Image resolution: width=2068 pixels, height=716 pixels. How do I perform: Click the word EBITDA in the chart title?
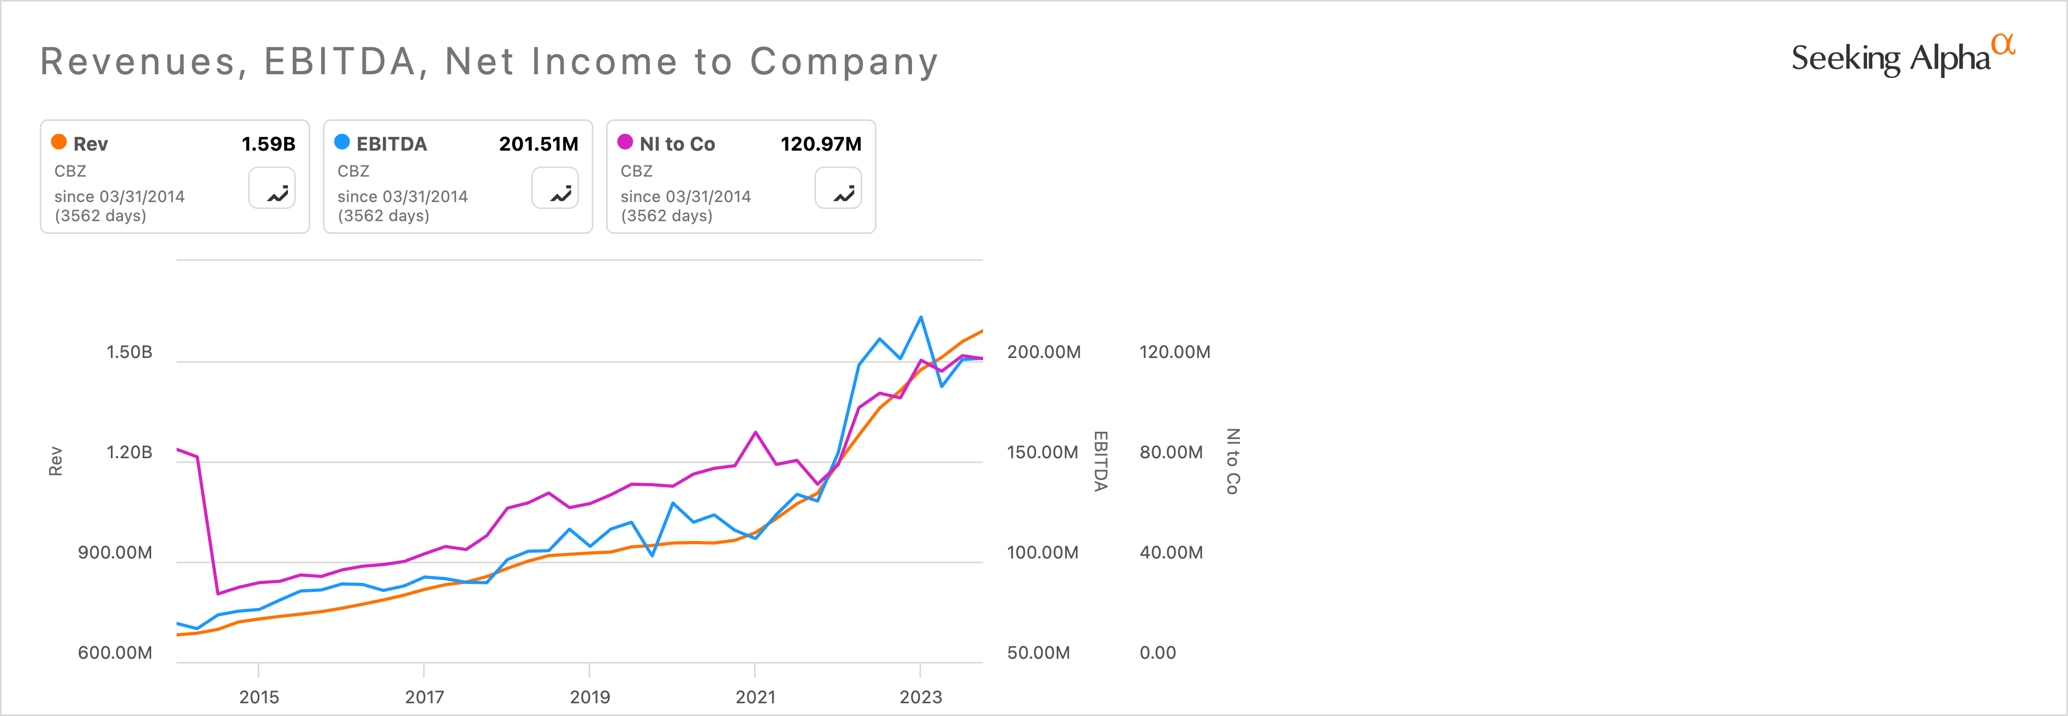coord(340,62)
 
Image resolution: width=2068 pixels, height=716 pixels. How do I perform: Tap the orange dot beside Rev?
coord(59,142)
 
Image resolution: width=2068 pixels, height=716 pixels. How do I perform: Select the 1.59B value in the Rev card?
coord(268,144)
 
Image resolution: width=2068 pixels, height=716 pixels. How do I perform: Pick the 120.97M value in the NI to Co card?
coord(820,144)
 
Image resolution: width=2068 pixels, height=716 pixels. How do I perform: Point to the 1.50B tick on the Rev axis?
coord(129,352)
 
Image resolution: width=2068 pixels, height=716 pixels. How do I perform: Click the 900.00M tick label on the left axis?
coord(115,552)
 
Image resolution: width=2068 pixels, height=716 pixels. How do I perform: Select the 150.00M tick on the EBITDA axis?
coord(1042,452)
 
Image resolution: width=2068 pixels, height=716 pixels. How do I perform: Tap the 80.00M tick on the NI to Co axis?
coord(1170,452)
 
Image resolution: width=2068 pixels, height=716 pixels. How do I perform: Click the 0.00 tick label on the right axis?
coord(1157,652)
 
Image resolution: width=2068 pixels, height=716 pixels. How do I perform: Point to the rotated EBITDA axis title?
coord(1101,461)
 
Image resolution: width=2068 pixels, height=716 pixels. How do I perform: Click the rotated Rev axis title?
coord(55,461)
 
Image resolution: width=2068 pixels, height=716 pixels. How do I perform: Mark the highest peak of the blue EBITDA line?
coord(921,317)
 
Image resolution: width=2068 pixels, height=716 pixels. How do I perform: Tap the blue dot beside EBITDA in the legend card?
coord(342,142)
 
